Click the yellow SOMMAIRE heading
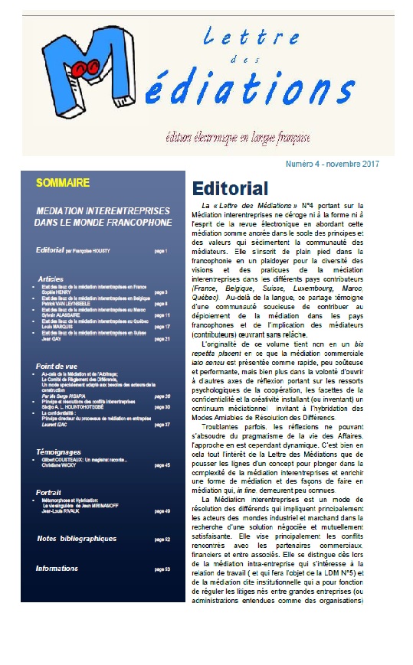pos(63,183)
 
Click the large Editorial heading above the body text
pos(230,188)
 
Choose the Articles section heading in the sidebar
pos(51,279)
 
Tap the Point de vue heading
pos(57,367)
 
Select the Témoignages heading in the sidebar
pos(59,452)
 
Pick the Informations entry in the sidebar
pos(57,569)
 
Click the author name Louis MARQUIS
pos(57,327)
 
